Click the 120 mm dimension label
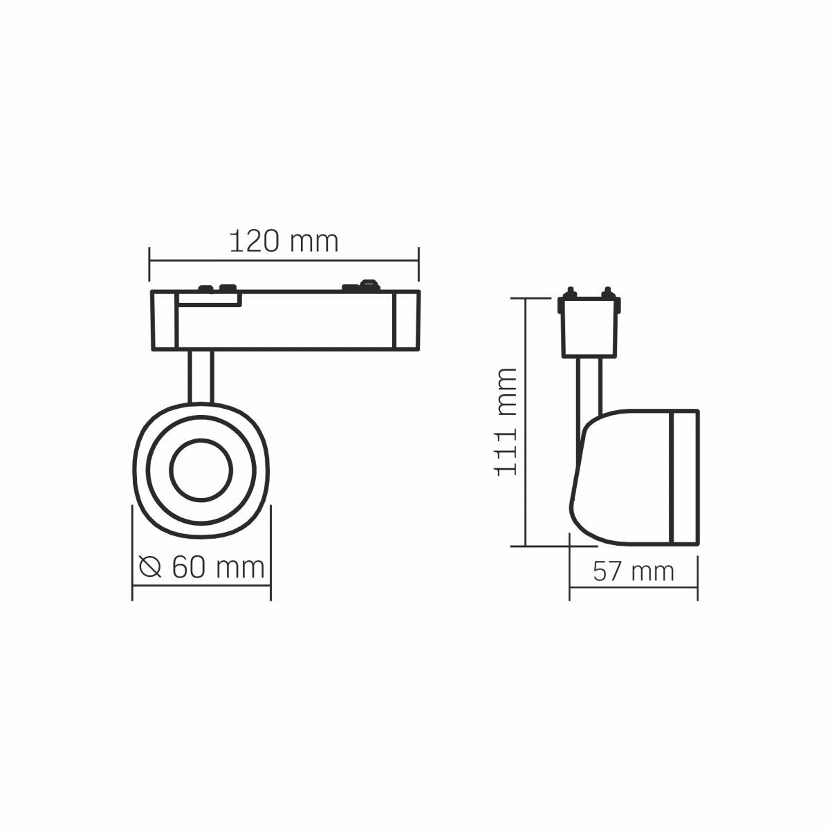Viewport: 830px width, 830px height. coord(284,241)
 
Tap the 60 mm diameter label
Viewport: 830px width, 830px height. coord(218,567)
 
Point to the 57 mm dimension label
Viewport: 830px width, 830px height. coord(633,571)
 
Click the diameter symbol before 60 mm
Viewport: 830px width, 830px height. coord(150,567)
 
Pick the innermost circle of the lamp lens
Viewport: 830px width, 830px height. coord(201,470)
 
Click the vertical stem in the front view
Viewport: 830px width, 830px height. coord(201,376)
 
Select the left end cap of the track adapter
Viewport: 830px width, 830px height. coord(164,320)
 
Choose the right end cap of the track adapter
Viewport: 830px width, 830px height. coord(406,320)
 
